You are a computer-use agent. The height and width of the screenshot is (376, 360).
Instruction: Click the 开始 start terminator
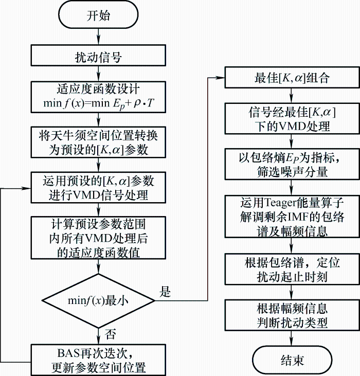point(98,15)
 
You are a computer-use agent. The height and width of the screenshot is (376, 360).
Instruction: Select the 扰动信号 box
point(98,57)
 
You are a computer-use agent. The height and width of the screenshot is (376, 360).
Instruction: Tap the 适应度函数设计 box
point(98,96)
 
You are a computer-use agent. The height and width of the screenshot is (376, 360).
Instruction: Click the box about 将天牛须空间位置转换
point(98,141)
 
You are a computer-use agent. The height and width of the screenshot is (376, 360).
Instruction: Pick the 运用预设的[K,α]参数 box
point(98,187)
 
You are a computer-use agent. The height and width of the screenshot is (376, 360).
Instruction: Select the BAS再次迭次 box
point(98,360)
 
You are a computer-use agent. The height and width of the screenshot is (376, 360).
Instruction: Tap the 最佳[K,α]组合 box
point(292,78)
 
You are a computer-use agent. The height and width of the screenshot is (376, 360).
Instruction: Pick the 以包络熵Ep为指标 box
point(292,164)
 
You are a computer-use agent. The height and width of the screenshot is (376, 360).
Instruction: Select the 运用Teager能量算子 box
point(292,216)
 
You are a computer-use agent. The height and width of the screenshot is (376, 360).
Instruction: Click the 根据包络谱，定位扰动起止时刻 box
point(292,269)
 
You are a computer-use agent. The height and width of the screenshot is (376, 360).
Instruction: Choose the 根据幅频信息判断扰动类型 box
point(292,315)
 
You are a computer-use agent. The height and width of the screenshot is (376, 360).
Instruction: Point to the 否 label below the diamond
point(110,335)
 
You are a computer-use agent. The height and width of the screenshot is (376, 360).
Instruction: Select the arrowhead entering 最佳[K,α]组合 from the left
point(221,78)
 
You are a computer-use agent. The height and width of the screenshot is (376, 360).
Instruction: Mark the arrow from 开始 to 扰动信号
point(98,37)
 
